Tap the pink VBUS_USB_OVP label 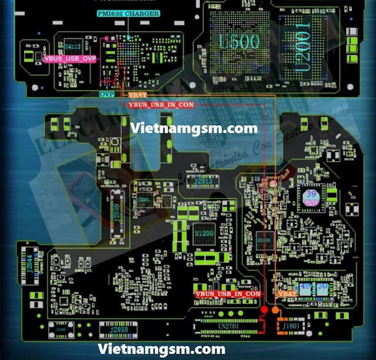click(69, 58)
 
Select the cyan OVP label click(107, 94)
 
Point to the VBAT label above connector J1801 click(286, 293)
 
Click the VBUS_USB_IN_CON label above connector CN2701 click(228, 293)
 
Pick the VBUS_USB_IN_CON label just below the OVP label click(161, 104)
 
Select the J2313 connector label click(199, 182)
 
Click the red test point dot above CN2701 click(264, 309)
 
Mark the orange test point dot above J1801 click(274, 309)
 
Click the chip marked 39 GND click(310, 198)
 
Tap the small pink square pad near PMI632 click(107, 39)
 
